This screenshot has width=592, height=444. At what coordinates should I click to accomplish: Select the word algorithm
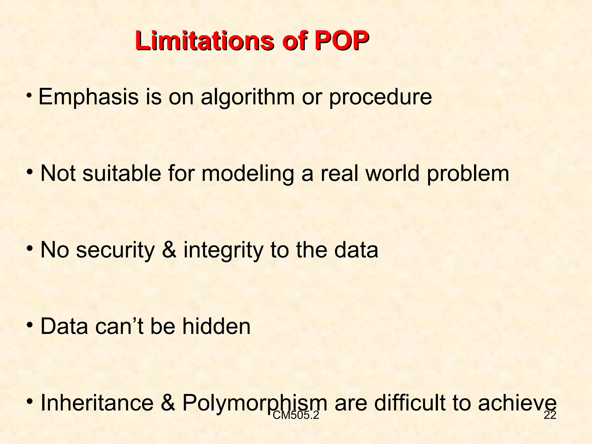coord(247,98)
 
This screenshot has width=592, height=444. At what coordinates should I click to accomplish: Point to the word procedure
coord(380,98)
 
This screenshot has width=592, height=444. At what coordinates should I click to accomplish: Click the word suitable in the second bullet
coord(122,173)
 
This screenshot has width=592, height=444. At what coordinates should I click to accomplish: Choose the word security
coord(115,250)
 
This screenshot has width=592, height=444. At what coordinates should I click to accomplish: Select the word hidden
coord(216,326)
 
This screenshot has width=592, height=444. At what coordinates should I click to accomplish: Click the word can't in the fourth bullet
coord(119,326)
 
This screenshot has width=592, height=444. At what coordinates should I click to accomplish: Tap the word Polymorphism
coord(255,403)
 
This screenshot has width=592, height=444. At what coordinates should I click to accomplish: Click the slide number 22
coord(550,415)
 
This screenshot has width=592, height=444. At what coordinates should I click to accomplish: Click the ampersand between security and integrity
coord(169,250)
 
